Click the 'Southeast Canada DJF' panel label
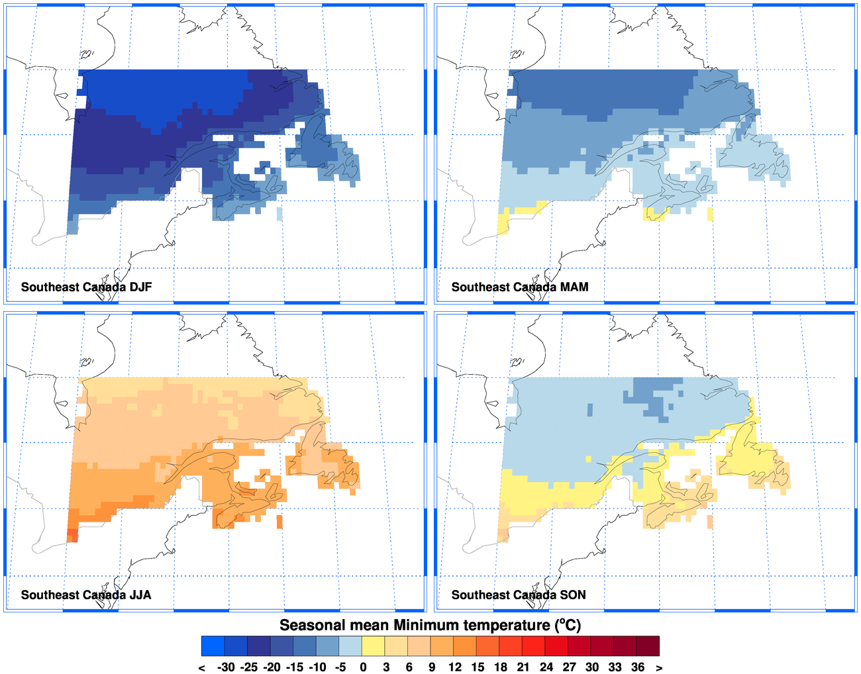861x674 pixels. [86, 287]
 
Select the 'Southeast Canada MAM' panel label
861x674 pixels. [519, 287]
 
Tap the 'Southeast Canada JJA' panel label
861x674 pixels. [86, 595]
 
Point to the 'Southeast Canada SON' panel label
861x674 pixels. [519, 595]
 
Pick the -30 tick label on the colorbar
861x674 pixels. [226, 667]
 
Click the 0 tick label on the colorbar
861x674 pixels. [363, 667]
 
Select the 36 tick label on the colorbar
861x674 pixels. [637, 667]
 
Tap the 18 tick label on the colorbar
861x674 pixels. [500, 667]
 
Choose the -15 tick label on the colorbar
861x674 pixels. [294, 667]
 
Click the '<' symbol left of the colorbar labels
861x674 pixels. [202, 667]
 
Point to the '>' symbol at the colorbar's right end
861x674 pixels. [659, 667]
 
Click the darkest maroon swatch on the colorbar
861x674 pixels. [648, 646]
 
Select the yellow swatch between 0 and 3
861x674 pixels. [374, 646]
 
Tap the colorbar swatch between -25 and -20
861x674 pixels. [259, 646]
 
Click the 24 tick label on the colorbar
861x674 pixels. [546, 667]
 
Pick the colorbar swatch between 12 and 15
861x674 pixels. [465, 646]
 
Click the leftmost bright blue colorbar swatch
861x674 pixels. [213, 646]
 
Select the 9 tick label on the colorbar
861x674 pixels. [432, 667]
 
